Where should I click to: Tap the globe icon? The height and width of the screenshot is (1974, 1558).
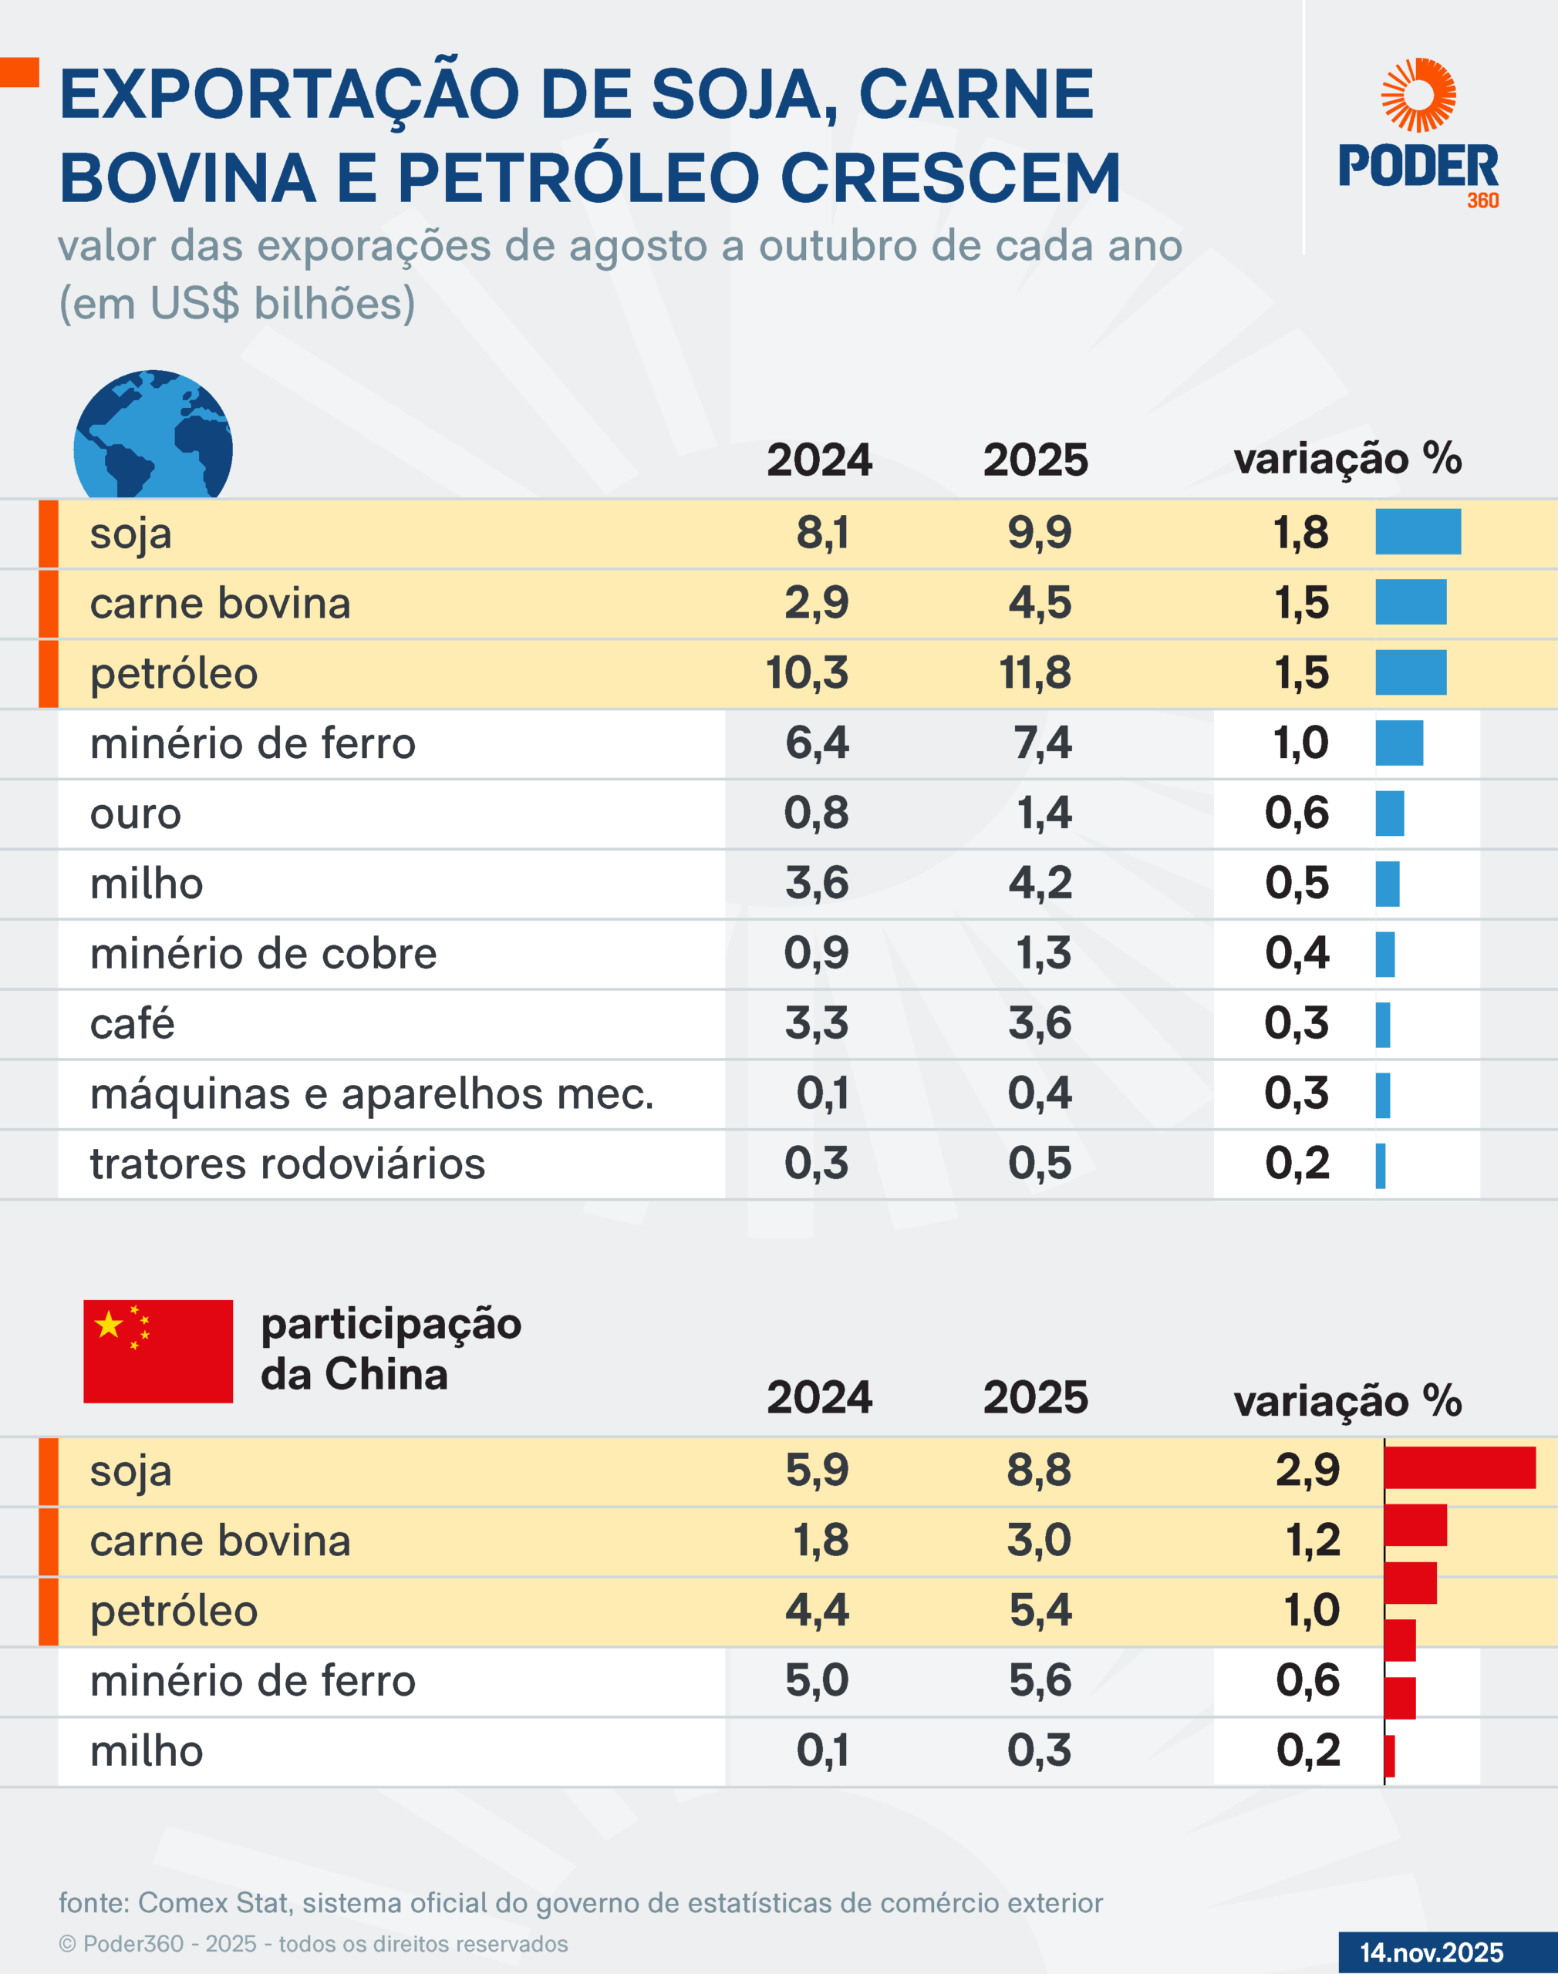click(153, 436)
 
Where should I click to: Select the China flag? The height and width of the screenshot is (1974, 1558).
click(158, 1350)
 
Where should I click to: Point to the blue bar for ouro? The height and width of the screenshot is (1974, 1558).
click(1389, 814)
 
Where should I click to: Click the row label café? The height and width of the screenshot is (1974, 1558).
click(132, 1023)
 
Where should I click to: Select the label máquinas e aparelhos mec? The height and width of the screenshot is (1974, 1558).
click(371, 1093)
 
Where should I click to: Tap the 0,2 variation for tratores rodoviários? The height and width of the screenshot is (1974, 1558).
click(1297, 1164)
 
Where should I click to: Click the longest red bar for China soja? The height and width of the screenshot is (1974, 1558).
click(1459, 1467)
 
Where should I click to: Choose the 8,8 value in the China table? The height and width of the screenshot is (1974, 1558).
click(1039, 1470)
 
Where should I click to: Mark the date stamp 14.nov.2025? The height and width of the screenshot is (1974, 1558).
click(1432, 1952)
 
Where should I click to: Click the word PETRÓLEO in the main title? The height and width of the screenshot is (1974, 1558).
click(578, 177)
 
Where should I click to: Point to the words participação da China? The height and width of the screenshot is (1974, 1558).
click(390, 1349)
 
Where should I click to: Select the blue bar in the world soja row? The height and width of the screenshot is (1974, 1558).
click(1418, 531)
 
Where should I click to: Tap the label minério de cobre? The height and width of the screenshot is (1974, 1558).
click(263, 954)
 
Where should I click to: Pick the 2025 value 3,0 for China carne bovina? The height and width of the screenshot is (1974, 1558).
click(1039, 1540)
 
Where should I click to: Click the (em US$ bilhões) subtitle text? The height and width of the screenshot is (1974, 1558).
click(237, 304)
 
